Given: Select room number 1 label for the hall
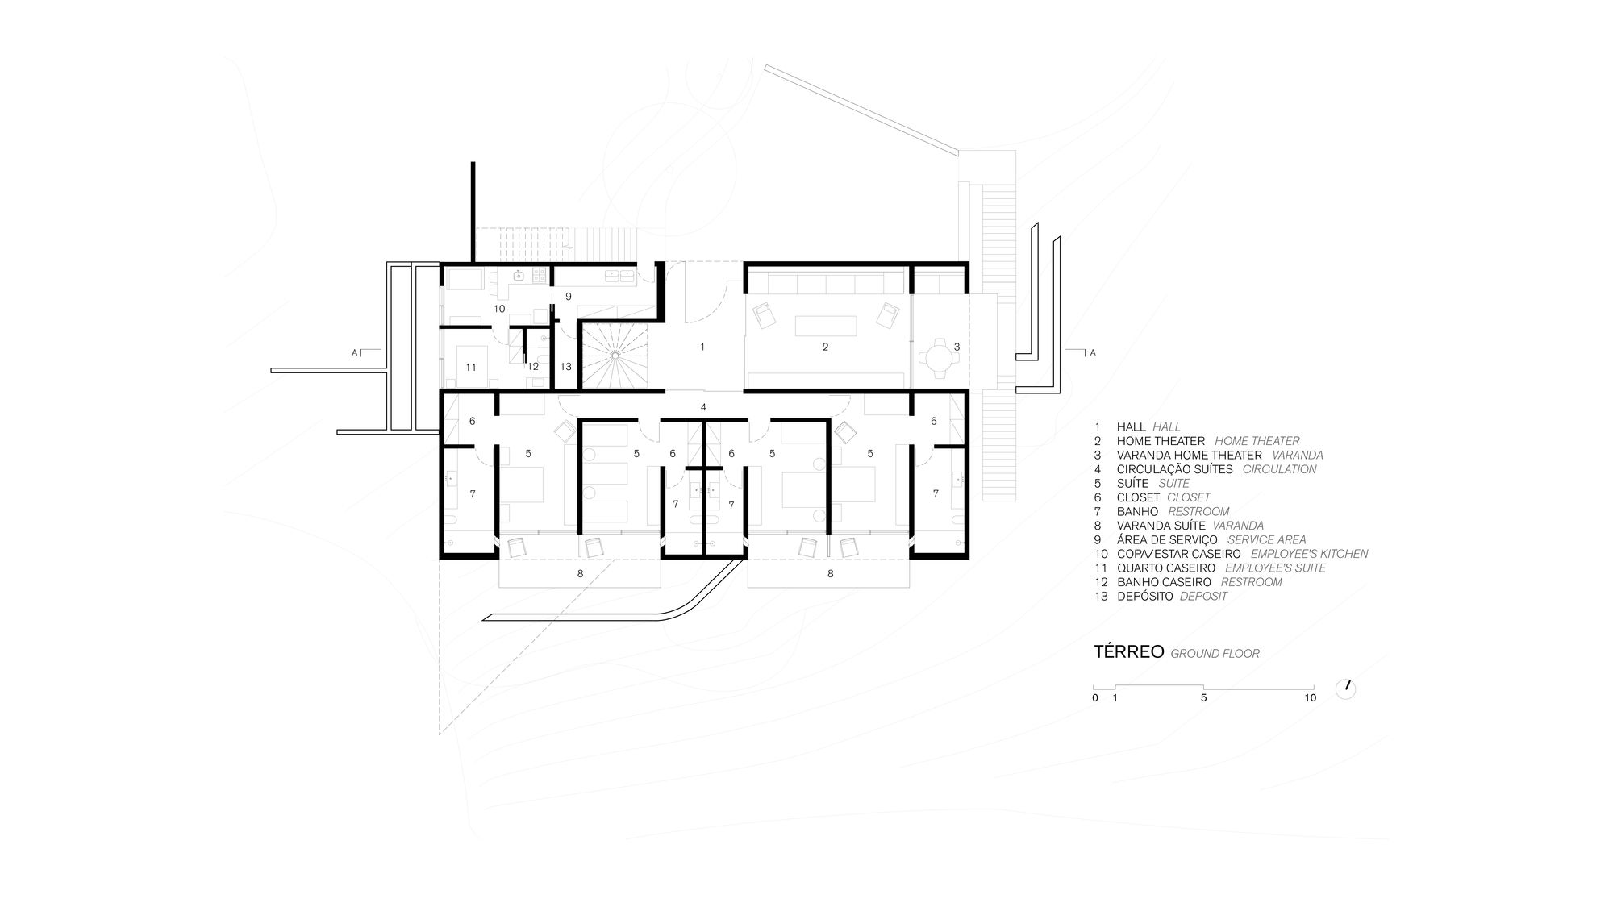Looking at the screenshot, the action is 702,347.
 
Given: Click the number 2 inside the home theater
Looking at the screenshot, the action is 825,347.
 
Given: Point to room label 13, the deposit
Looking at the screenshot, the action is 566,367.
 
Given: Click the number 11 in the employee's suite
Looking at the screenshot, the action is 471,368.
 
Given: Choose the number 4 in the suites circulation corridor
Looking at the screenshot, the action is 703,407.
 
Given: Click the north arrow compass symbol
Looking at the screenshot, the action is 1346,689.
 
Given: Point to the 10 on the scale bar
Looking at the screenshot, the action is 1310,698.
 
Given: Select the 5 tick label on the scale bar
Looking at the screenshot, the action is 1203,698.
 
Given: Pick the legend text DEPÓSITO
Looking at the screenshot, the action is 1145,597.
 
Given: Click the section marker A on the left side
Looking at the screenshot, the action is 354,353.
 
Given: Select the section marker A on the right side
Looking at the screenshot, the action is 1093,353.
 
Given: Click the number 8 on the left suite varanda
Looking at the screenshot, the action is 580,574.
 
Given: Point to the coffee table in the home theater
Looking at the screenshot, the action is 825,326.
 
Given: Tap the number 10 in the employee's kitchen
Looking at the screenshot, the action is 499,309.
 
